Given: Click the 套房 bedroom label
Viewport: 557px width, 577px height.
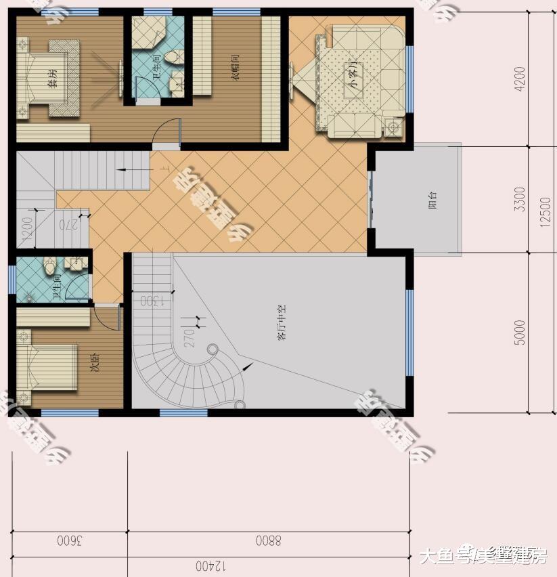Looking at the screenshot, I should (x=51, y=79).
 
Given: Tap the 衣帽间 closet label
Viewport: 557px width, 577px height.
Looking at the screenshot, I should (x=236, y=70).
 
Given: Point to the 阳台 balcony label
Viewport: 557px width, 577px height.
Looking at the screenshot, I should (x=432, y=200).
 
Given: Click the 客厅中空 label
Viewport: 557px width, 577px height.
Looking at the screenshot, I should (x=282, y=323).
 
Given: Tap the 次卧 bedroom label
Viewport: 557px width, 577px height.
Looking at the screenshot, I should (x=95, y=365).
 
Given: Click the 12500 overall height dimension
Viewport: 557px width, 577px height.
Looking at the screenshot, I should (x=546, y=210).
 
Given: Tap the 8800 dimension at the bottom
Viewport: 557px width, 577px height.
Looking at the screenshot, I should (x=268, y=540).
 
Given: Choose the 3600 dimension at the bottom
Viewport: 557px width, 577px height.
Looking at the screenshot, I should (x=69, y=540).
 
